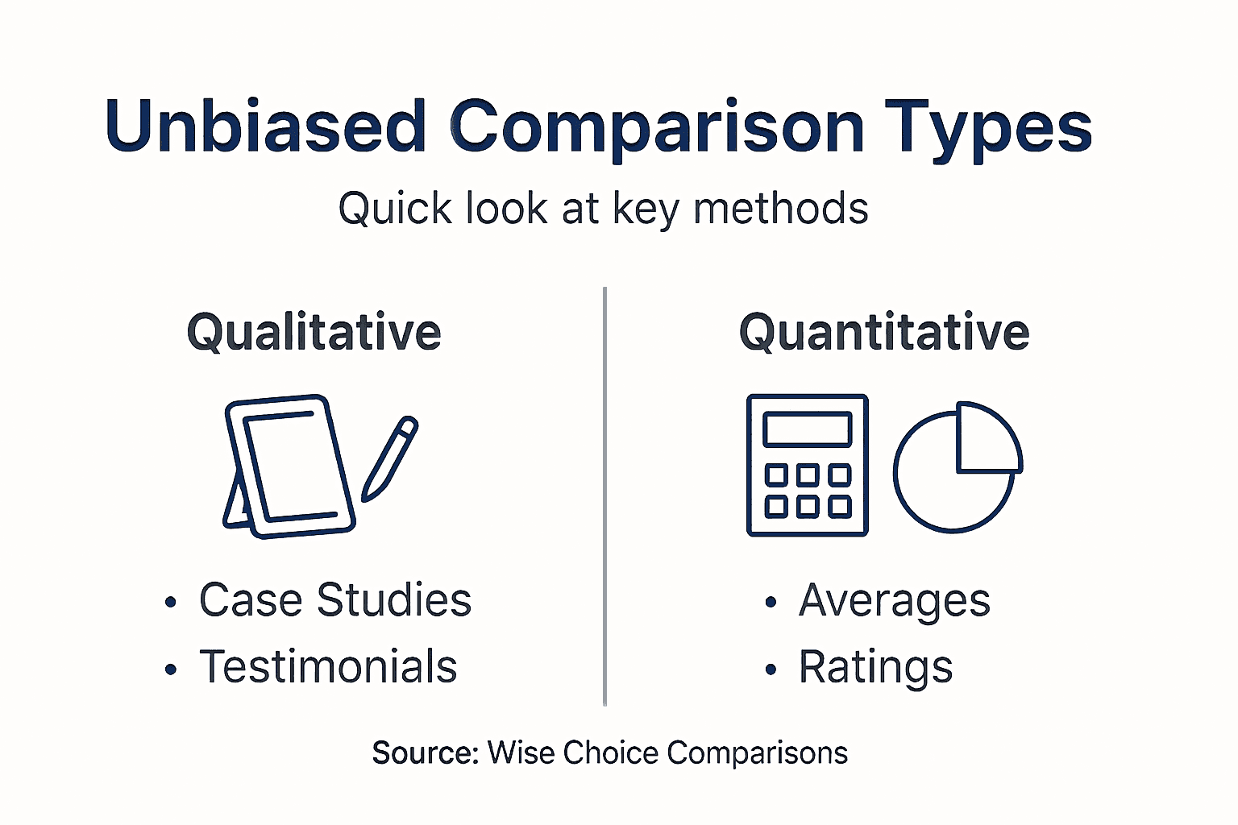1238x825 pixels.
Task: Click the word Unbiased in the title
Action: click(x=265, y=126)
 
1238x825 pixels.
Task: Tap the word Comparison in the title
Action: click(x=656, y=126)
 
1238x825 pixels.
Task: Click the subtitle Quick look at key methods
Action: click(x=603, y=209)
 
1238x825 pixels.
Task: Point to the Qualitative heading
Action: click(x=314, y=332)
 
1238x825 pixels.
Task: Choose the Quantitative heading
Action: click(x=884, y=332)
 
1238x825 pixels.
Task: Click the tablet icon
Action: click(x=290, y=466)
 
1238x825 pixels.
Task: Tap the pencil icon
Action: click(x=389, y=458)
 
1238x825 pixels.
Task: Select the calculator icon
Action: click(x=807, y=465)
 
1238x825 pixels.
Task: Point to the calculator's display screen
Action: click(x=807, y=429)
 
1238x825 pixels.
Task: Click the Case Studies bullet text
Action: click(x=334, y=600)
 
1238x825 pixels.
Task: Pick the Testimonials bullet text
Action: click(x=328, y=667)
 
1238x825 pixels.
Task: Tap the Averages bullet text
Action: click(x=894, y=601)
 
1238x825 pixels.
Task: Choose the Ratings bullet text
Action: click(x=875, y=668)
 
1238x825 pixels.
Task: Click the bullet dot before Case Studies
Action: click(x=170, y=603)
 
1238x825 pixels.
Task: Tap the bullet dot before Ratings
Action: click(x=771, y=670)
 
